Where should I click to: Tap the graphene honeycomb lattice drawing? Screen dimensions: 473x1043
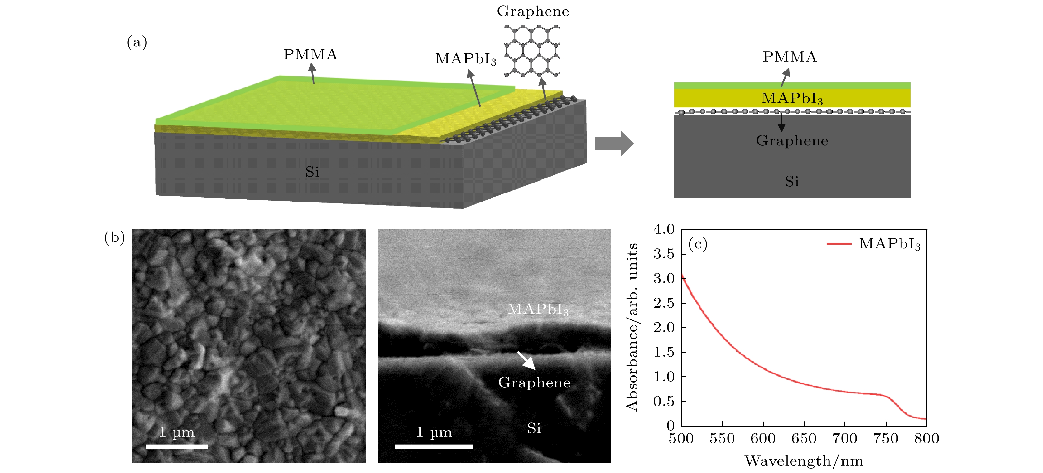531,51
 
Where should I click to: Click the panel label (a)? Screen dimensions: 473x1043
137,42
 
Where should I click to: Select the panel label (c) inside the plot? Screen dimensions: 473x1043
698,244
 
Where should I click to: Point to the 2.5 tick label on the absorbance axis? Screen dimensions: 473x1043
664,303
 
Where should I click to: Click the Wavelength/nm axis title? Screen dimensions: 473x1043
804,461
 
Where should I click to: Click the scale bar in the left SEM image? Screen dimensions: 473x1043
177,446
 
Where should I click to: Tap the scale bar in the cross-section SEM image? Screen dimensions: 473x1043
434,446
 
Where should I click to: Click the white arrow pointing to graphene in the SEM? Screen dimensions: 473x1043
526,360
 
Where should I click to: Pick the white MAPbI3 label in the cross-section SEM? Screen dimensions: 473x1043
538,309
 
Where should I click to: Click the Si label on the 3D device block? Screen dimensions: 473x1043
312,172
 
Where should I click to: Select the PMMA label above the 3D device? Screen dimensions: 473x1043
310,54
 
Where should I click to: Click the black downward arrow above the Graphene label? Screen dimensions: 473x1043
781,122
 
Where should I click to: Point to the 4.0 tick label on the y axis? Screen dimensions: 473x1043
664,229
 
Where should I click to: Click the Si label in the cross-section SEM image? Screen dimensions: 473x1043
534,428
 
